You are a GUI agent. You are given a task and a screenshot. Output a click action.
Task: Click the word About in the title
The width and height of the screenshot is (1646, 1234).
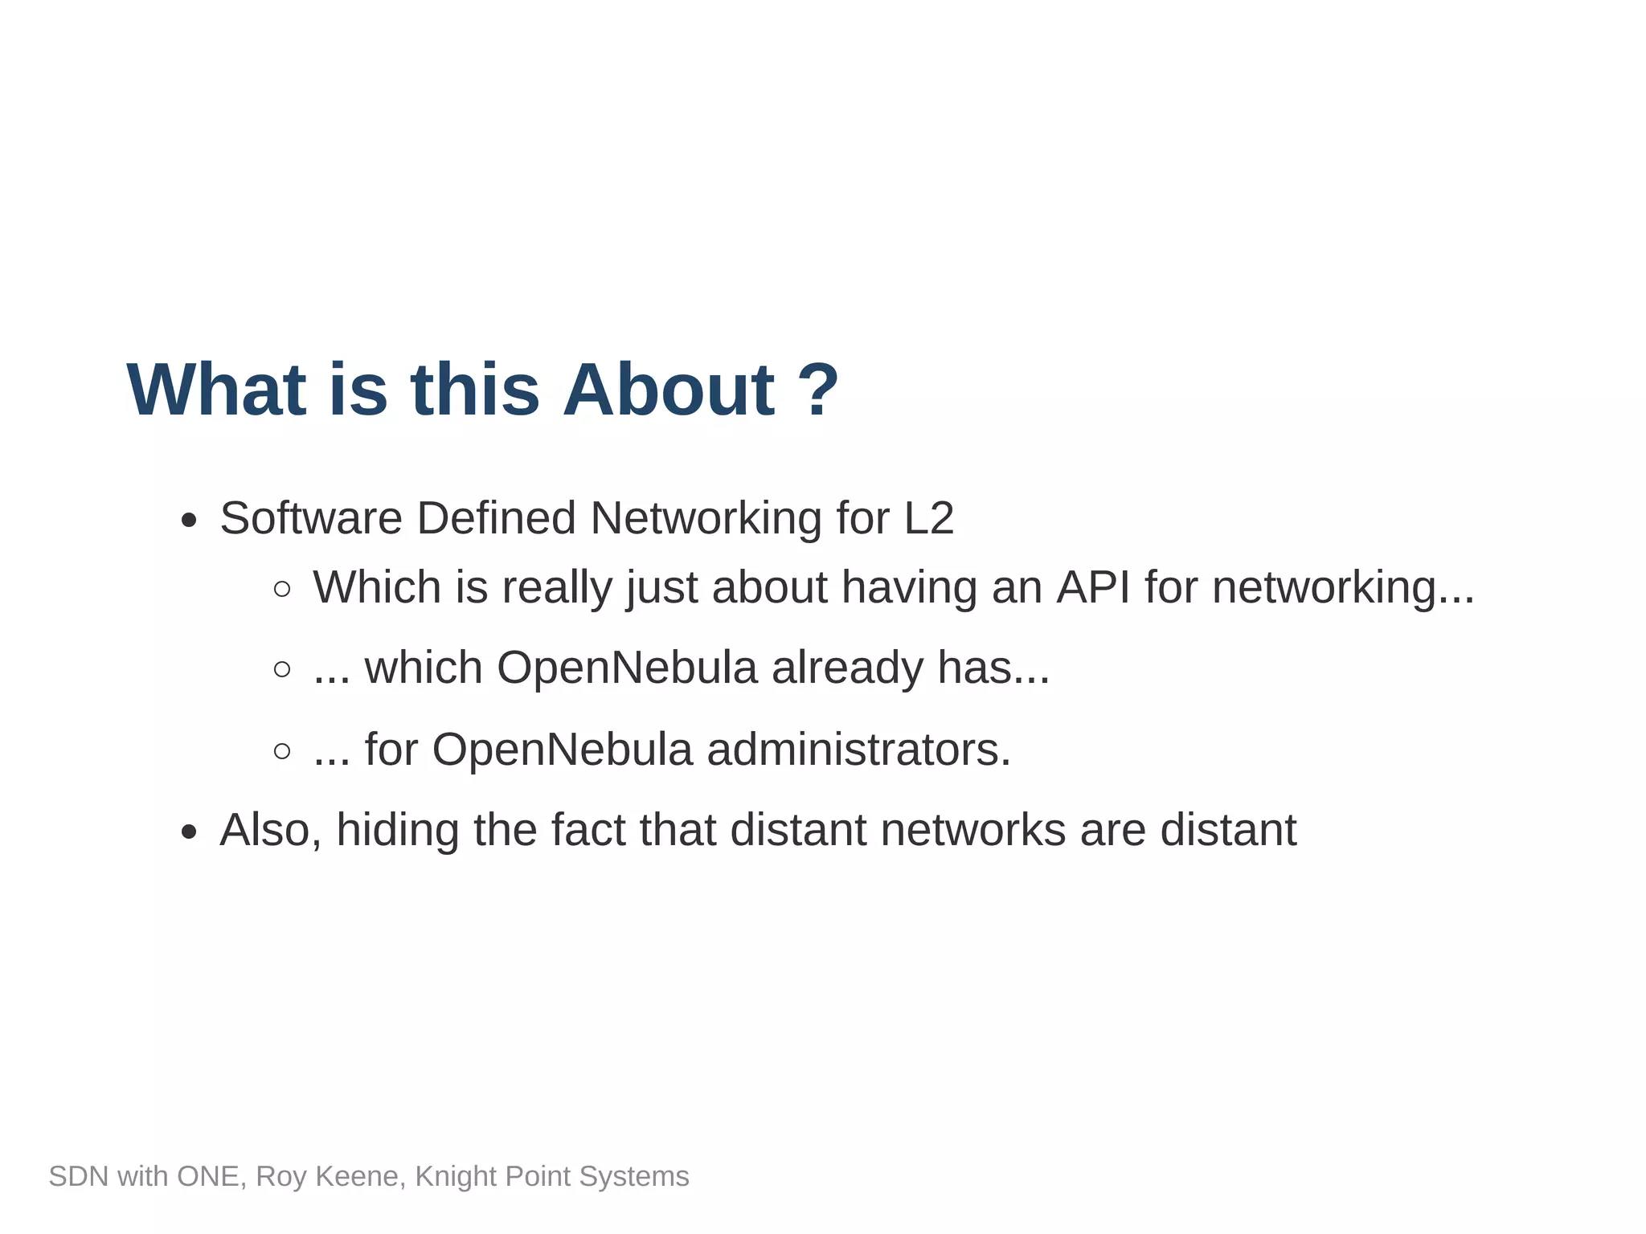click(668, 390)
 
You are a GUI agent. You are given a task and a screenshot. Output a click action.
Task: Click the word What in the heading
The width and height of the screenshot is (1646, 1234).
click(216, 390)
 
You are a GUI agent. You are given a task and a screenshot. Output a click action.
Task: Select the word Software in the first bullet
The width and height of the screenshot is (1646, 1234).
click(310, 517)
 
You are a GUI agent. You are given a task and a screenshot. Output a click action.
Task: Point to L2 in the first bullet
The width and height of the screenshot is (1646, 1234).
click(928, 517)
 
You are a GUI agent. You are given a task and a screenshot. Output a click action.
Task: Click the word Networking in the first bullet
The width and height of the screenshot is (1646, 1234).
click(705, 519)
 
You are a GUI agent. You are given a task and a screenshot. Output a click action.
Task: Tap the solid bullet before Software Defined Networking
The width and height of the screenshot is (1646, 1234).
click(189, 521)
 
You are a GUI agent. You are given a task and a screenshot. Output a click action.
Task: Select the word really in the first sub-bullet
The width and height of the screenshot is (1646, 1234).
click(557, 588)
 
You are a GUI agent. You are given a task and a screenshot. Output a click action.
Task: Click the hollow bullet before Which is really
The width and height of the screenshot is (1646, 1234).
click(282, 590)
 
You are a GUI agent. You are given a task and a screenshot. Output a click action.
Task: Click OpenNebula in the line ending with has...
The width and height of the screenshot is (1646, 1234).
click(627, 668)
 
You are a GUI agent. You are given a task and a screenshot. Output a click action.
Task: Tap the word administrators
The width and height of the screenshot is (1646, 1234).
click(858, 750)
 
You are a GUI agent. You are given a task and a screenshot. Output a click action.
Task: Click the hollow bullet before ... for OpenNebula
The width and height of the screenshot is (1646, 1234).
click(282, 751)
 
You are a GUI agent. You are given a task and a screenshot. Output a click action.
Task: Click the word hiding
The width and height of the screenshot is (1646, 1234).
click(397, 830)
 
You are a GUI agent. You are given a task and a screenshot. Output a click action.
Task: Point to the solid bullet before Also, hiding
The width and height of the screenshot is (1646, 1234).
click(189, 832)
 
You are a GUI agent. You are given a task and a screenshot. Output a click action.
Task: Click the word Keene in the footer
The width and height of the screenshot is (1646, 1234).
click(362, 1176)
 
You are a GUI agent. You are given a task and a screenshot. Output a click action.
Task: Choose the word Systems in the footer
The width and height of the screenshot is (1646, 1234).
click(634, 1177)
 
